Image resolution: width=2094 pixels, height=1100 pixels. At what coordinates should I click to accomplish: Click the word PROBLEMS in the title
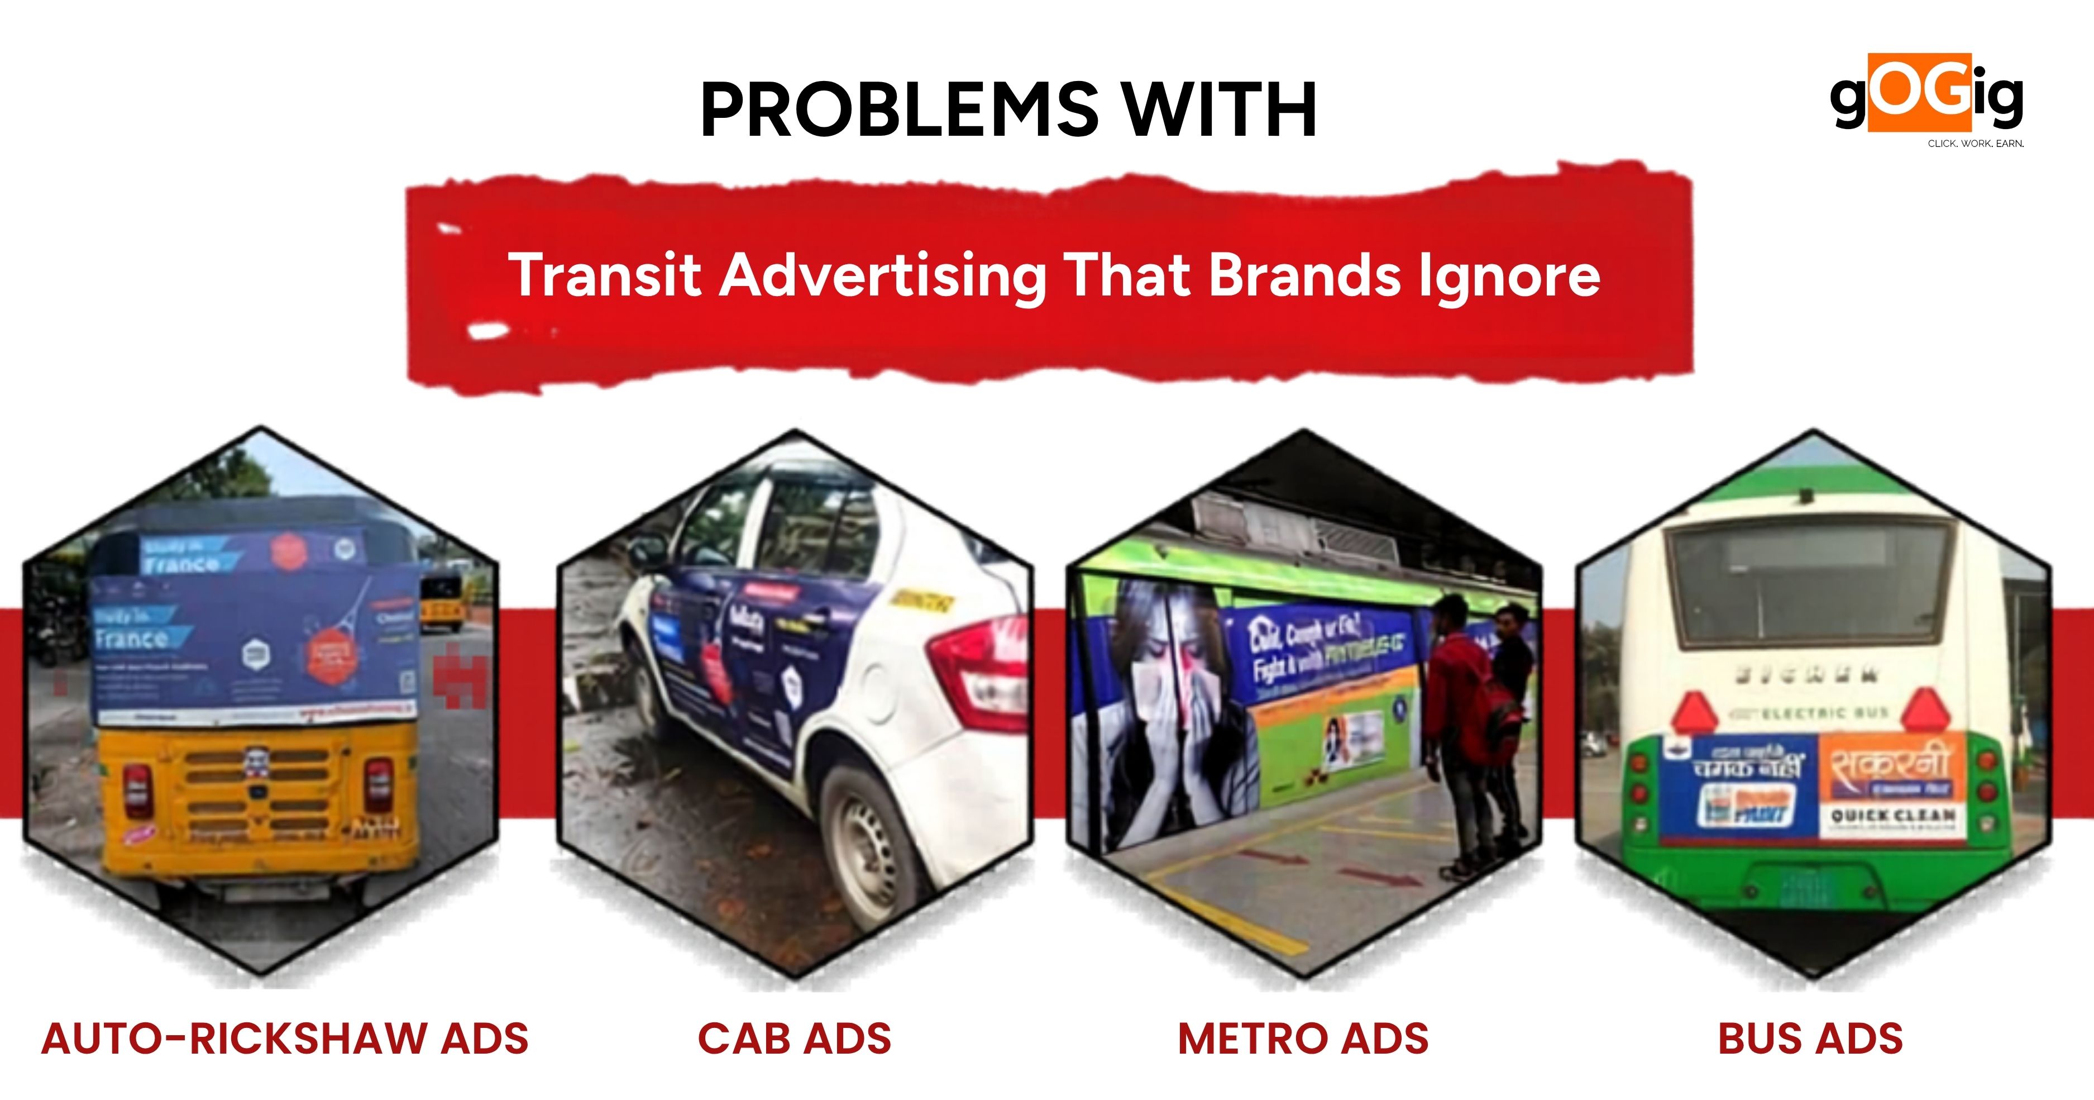[x=899, y=111]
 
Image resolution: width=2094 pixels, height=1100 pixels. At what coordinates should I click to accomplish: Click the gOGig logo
[x=1926, y=96]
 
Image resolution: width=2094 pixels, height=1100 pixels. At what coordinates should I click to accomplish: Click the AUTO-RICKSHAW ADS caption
[x=285, y=1039]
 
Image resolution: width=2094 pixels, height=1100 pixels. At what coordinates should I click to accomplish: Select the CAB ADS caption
[x=794, y=1039]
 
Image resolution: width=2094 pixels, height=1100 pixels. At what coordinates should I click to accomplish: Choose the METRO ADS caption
[x=1303, y=1039]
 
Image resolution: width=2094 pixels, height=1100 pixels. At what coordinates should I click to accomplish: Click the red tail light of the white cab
[x=979, y=675]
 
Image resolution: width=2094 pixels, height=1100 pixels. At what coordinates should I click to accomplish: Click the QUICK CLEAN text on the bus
[x=1893, y=816]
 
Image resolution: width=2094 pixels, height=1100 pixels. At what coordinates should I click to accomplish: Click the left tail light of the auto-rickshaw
[x=137, y=784]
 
